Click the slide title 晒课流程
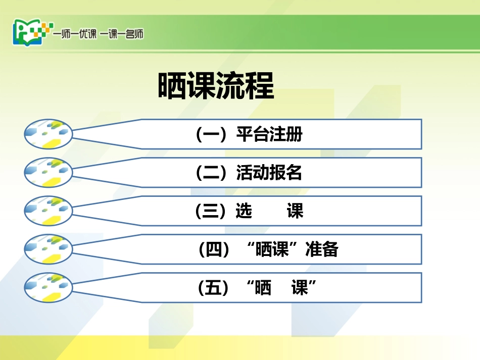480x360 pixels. tap(216, 86)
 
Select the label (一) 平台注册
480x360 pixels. tap(249, 135)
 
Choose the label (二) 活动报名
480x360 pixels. tap(249, 173)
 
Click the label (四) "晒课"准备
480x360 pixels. tap(269, 249)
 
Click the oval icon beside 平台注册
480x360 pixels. tap(49, 134)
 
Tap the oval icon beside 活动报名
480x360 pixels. tap(49, 172)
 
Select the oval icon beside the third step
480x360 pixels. tap(49, 211)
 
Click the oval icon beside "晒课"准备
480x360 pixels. tap(49, 249)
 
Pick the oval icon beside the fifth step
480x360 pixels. tap(49, 287)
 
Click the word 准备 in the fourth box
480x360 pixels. tap(322, 249)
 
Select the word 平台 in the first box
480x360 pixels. tap(253, 135)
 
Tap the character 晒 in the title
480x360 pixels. tap(173, 86)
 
